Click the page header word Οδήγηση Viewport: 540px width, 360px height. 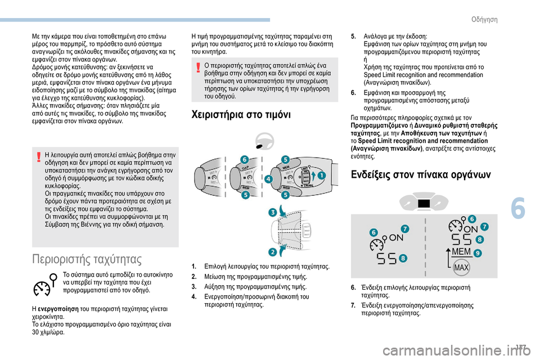point(484,20)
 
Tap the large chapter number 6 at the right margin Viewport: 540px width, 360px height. point(518,209)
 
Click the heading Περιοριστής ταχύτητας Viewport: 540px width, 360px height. point(87,259)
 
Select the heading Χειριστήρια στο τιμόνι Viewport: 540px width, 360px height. point(241,114)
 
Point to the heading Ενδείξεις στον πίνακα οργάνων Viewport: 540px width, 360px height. point(421,175)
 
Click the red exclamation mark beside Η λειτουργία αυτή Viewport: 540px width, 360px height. point(39,157)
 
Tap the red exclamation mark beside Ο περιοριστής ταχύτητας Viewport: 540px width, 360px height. point(198,67)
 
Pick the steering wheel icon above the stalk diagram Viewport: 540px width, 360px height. point(265,141)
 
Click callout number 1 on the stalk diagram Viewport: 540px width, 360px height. point(321,175)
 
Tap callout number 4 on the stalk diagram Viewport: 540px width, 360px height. point(268,179)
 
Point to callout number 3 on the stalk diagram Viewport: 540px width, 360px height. point(273,212)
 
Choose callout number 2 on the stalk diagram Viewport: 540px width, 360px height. point(273,252)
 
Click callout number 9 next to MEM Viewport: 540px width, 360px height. point(478,253)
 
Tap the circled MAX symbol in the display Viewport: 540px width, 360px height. point(461,268)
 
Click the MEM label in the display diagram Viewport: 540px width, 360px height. point(461,251)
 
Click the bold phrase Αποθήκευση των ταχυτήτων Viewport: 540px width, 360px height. point(442,133)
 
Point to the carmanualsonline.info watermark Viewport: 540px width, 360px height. point(461,351)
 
